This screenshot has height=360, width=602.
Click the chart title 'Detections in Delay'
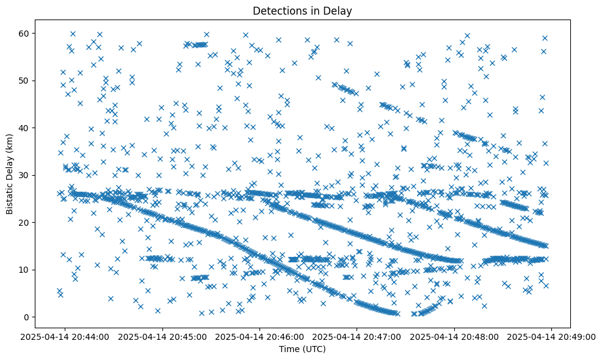click(x=302, y=10)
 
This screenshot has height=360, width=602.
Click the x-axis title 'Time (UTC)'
click(x=302, y=350)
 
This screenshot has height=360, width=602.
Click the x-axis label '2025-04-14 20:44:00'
click(x=66, y=336)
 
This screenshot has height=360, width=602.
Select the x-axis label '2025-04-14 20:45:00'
click(x=163, y=336)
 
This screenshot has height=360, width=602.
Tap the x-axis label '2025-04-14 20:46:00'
click(x=260, y=336)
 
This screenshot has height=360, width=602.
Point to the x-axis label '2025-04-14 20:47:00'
click(x=357, y=336)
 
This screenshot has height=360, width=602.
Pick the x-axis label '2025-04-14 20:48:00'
click(x=454, y=336)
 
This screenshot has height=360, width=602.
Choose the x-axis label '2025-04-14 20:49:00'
click(x=551, y=336)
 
